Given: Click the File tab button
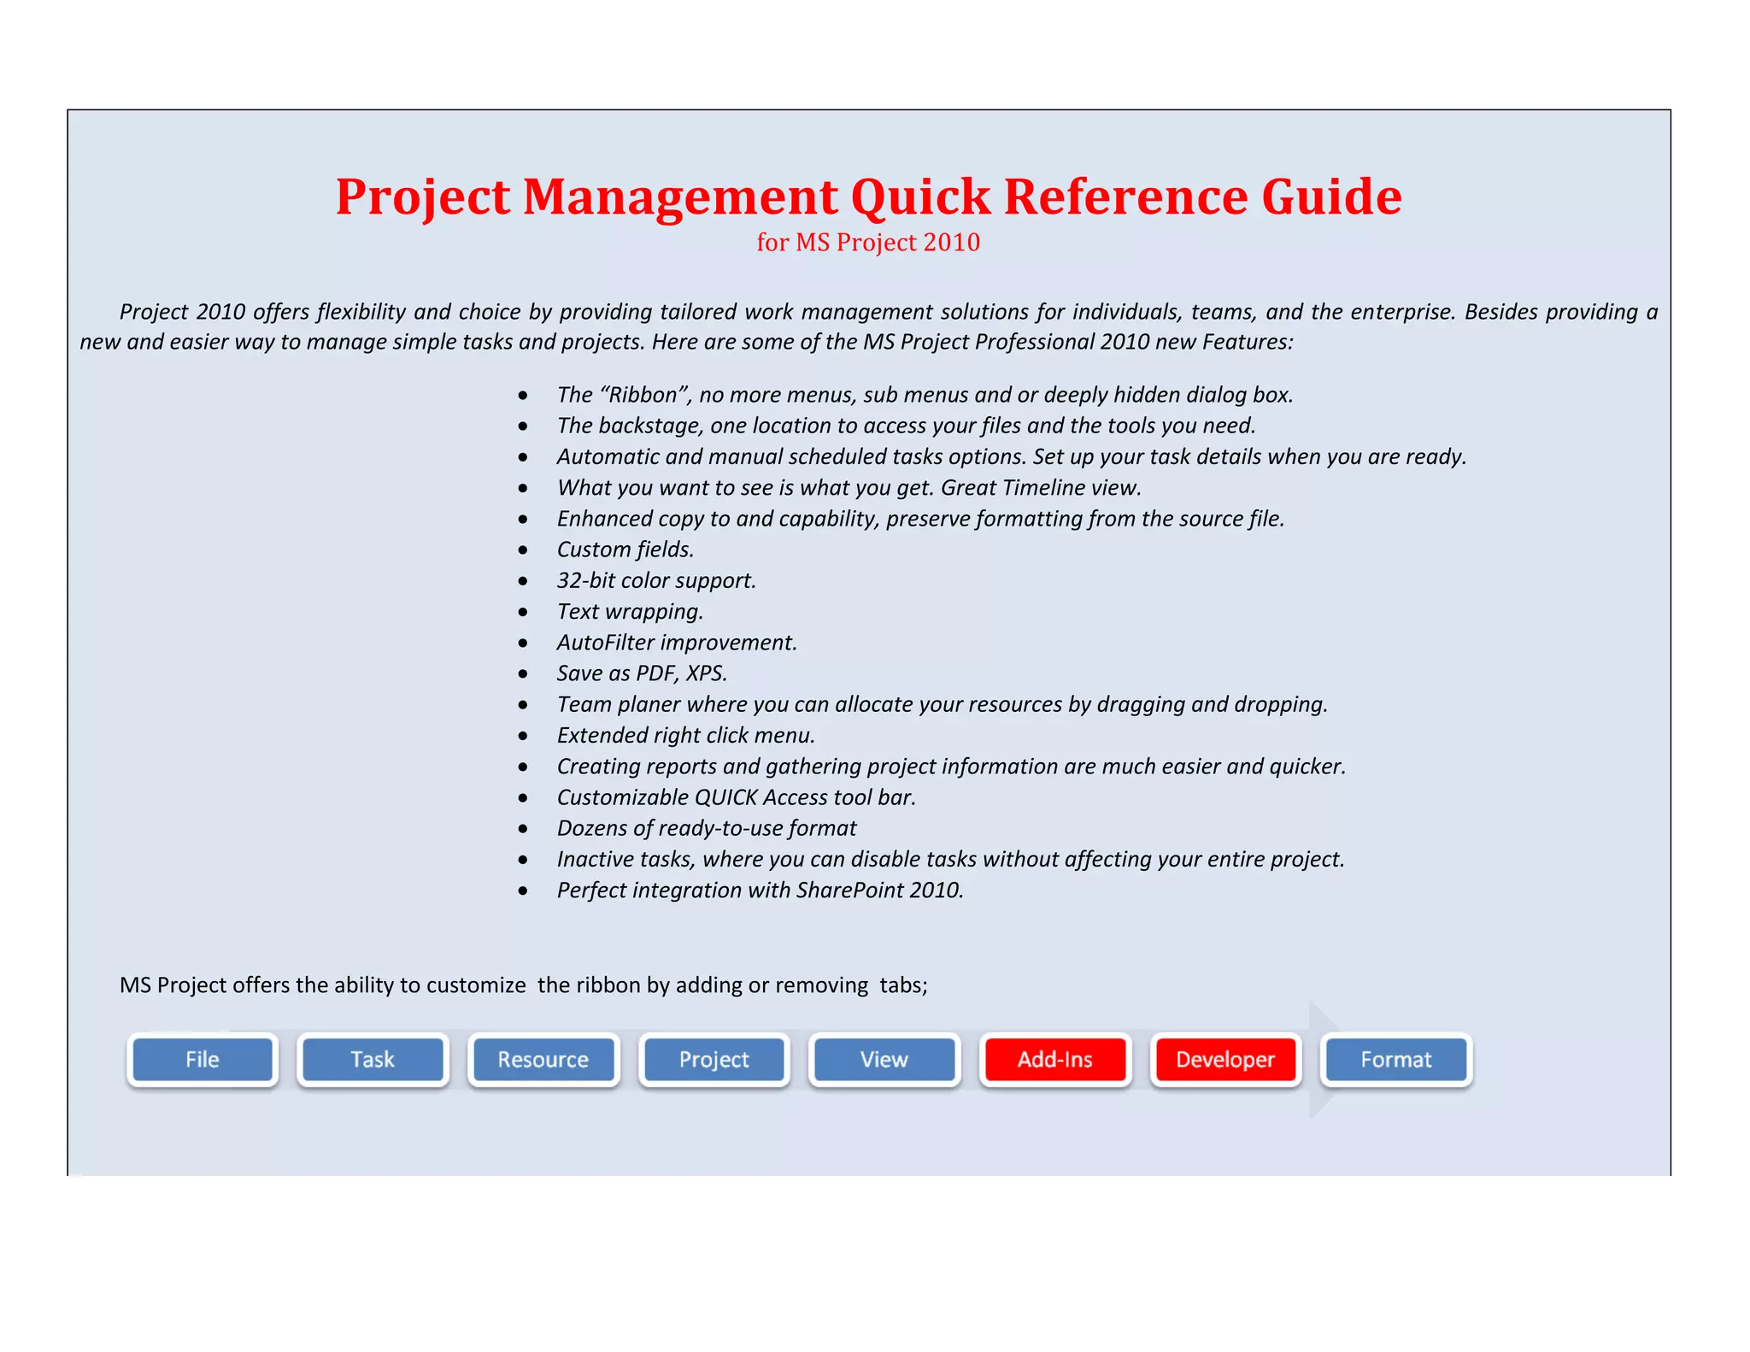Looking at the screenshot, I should pos(203,1060).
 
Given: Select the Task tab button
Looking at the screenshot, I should pos(373,1060).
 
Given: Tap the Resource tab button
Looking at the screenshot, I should pos(543,1060).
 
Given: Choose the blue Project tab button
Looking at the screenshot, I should pos(714,1060).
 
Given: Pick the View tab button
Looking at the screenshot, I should pos(884,1060).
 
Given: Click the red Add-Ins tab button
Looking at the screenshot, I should pos(1054,1060).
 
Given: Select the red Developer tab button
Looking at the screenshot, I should pos(1225,1060).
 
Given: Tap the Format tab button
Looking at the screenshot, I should pos(1395,1060).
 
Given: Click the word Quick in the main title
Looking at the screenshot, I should pos(920,197).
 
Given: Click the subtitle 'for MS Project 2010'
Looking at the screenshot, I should pos(868,243).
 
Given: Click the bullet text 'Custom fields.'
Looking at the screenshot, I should pos(625,550).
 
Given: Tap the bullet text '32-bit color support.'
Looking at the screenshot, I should pos(656,580).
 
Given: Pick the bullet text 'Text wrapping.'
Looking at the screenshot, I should pos(630,612).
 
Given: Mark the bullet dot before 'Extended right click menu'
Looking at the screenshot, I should pos(523,736).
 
